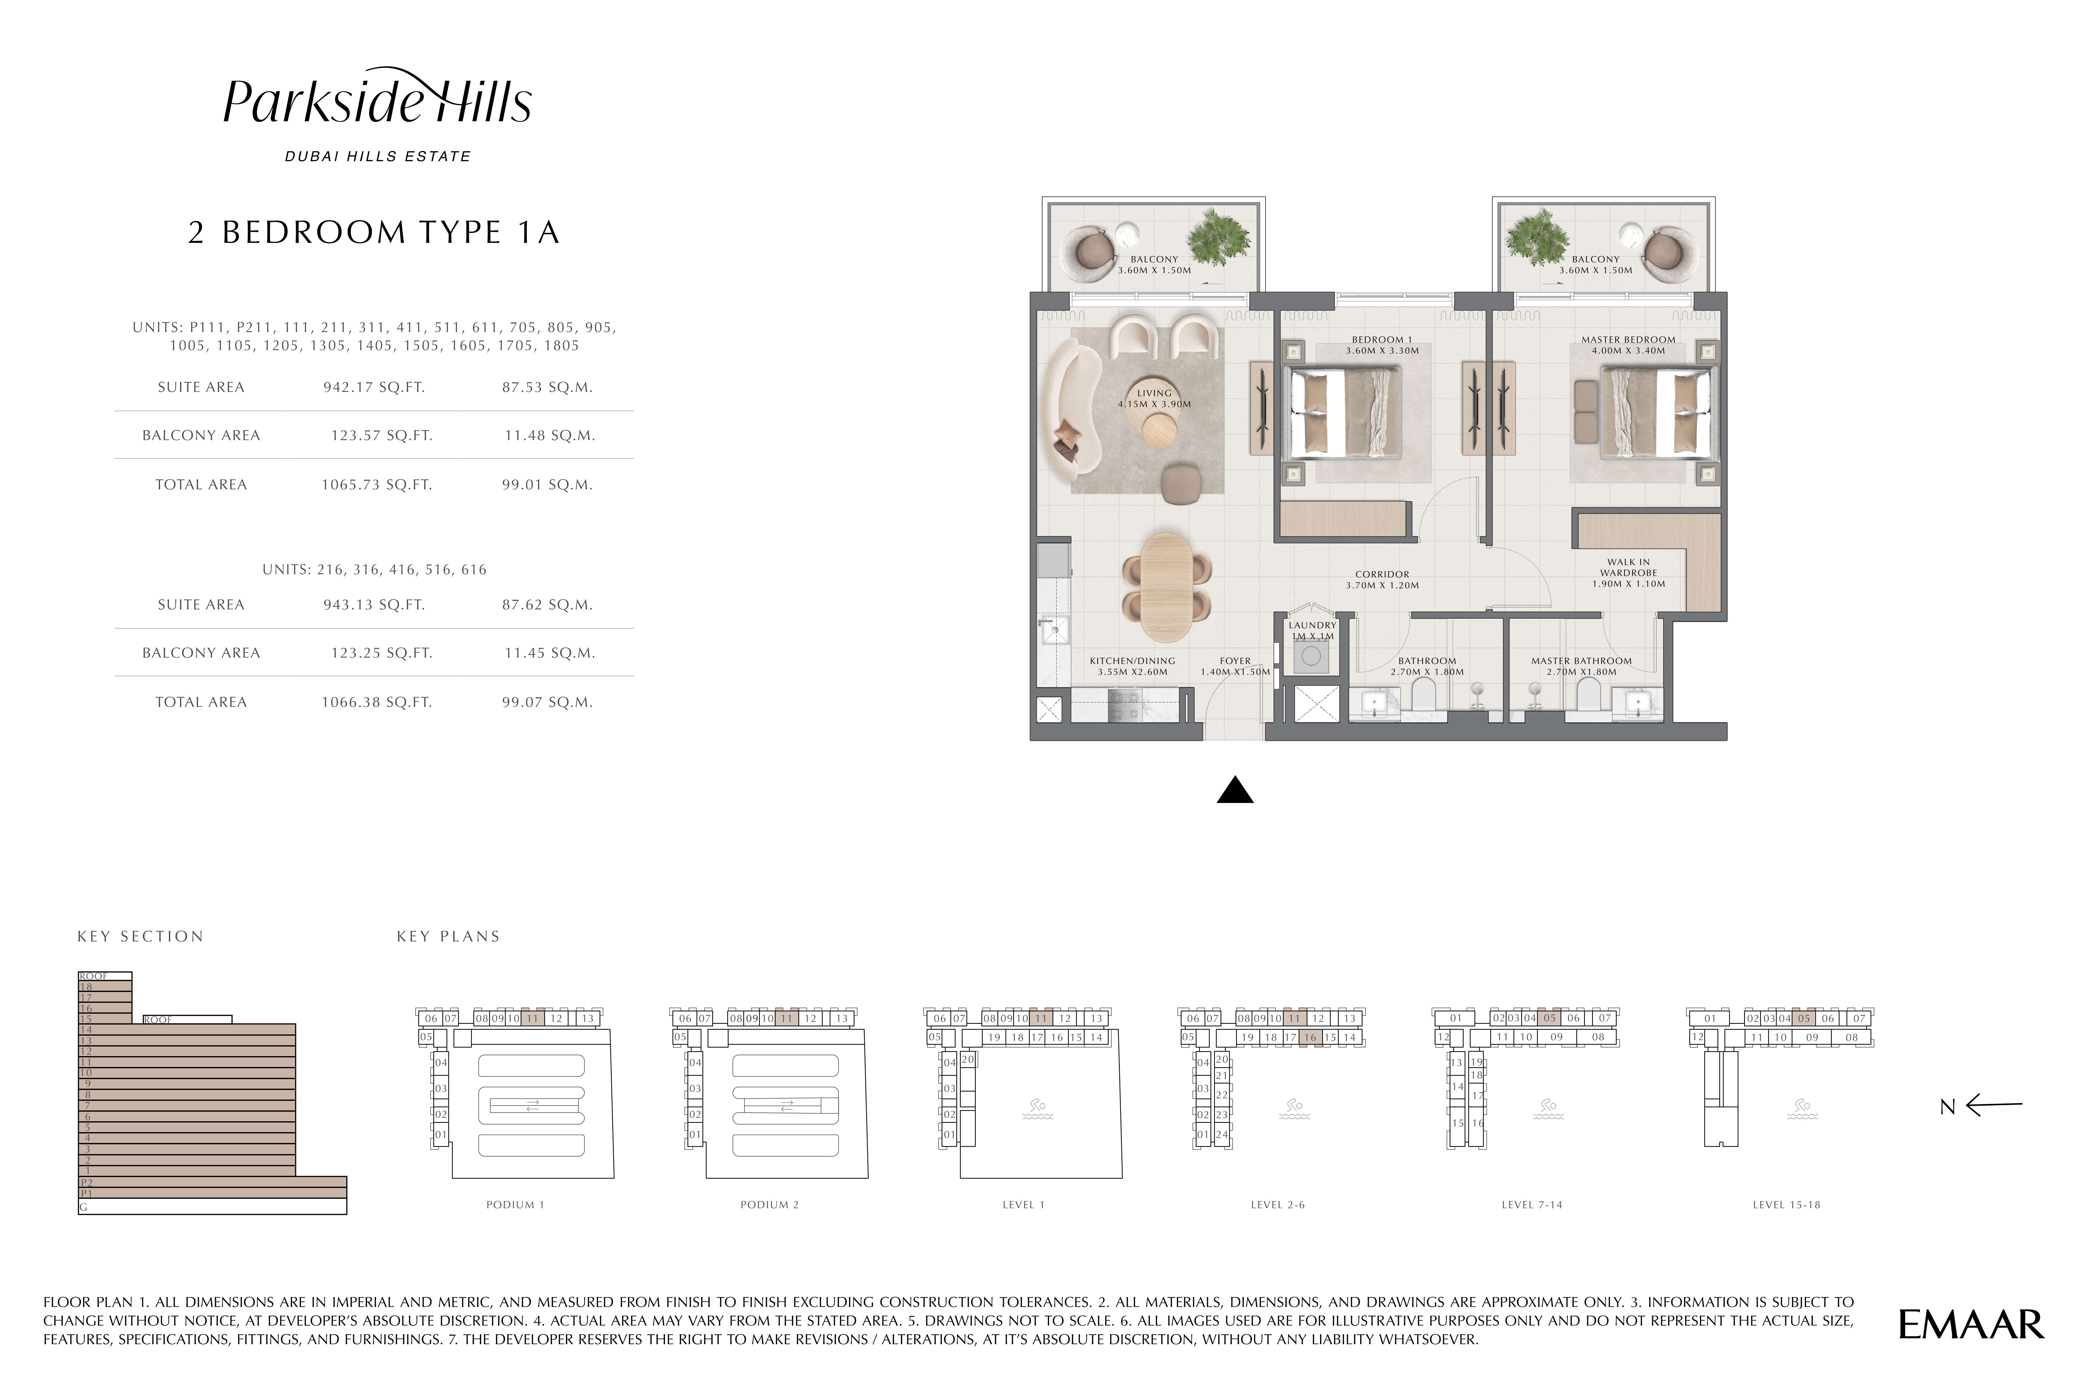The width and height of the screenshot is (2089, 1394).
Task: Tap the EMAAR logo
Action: click(x=1971, y=1325)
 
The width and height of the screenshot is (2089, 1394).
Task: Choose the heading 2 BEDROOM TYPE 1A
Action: click(x=374, y=232)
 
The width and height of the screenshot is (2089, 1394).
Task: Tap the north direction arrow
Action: click(x=1994, y=1106)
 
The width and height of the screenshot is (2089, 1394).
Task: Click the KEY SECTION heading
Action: click(x=140, y=936)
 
